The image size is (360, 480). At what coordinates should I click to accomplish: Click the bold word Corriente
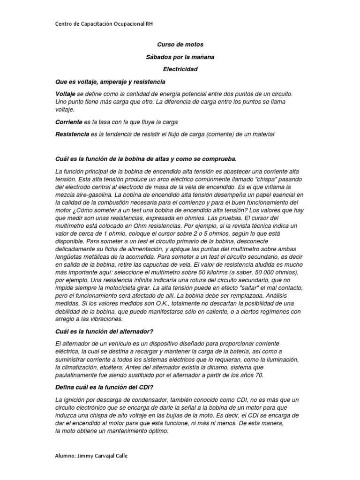[68, 122]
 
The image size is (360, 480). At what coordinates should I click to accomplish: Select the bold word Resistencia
[72, 134]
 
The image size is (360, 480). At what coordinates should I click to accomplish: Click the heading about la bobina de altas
[149, 158]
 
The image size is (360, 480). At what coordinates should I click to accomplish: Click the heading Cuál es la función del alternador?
[105, 331]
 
